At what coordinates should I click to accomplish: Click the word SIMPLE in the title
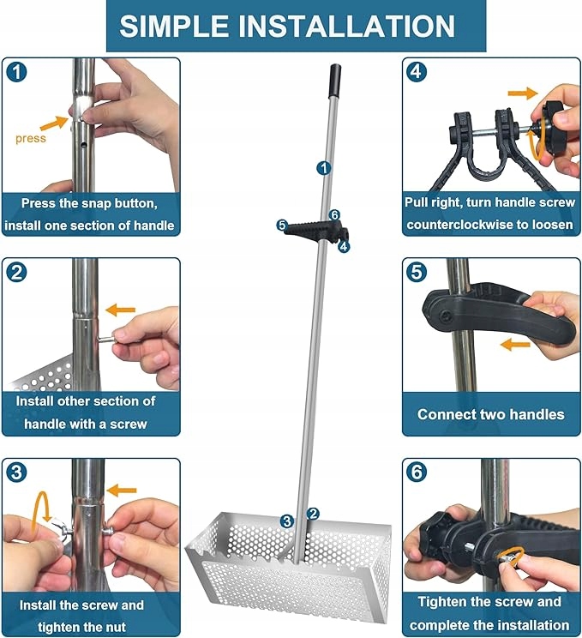point(174,26)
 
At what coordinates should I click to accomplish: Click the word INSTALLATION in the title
point(346,26)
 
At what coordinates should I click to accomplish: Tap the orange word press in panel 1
point(31,139)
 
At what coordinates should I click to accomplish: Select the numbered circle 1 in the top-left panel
point(16,72)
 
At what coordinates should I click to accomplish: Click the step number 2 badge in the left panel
point(16,272)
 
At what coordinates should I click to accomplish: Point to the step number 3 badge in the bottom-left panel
point(16,472)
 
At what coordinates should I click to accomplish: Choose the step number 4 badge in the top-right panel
point(417,72)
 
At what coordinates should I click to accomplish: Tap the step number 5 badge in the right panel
point(417,272)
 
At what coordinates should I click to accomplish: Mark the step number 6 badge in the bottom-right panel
point(417,472)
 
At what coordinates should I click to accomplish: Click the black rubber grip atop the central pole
point(335,81)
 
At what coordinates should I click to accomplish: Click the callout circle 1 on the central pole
point(324,168)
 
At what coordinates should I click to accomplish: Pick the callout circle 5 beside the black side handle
point(282,225)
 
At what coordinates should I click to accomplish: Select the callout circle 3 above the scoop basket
point(287,521)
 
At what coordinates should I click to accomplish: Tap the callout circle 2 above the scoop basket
point(313,514)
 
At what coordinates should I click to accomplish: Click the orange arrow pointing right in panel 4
point(523,93)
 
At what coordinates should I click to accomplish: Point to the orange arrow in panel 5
point(515,345)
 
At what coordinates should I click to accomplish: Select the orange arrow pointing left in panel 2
point(120,310)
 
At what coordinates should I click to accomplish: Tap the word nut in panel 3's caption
point(117,627)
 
